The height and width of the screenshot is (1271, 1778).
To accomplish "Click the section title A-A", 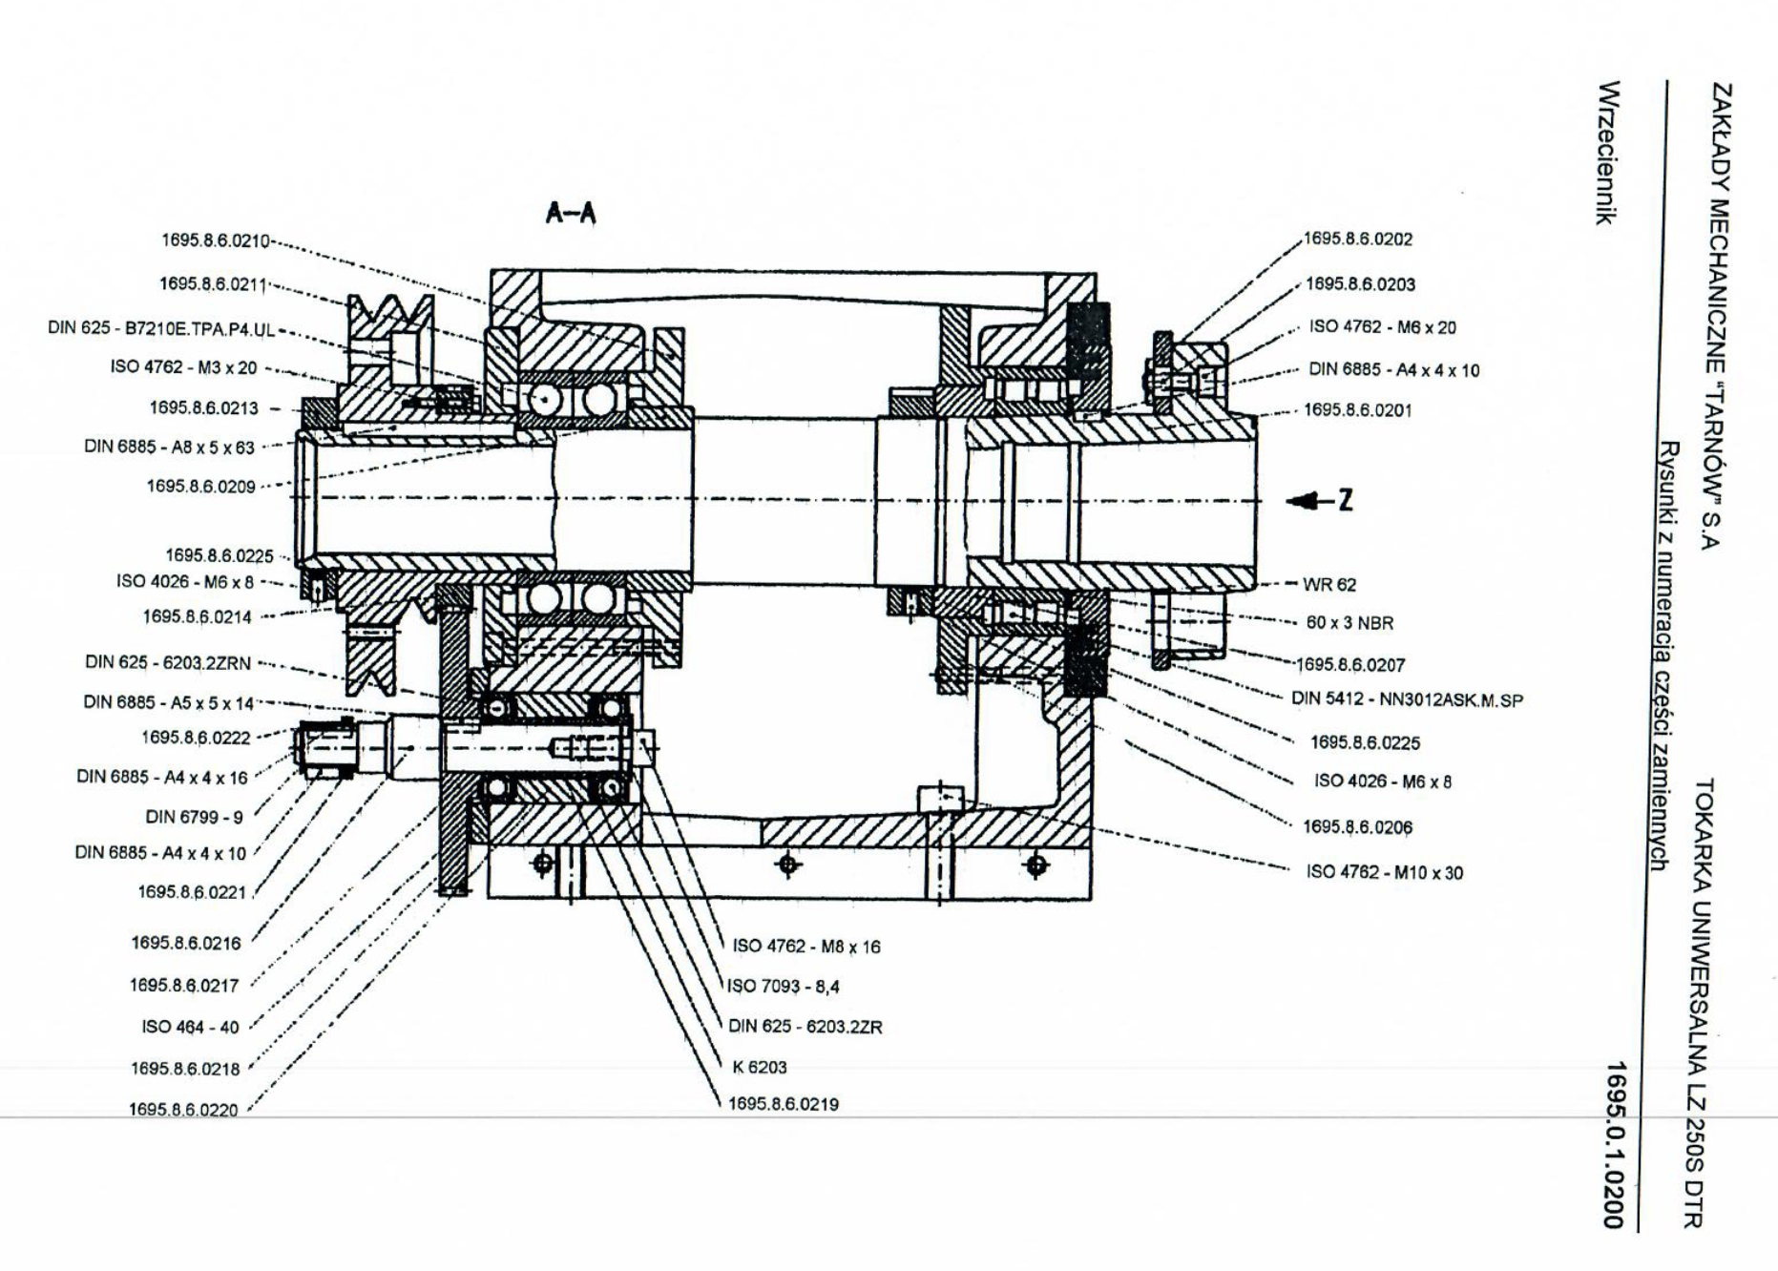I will coord(571,213).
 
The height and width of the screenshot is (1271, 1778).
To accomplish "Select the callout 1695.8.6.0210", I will coord(215,240).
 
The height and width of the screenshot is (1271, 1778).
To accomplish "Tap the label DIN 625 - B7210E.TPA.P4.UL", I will coord(161,329).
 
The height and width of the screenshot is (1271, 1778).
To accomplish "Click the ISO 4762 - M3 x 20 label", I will coord(183,367).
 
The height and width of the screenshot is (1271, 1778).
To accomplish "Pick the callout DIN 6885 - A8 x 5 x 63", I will coord(169,446).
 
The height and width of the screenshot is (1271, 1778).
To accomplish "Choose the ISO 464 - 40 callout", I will coord(190,1027).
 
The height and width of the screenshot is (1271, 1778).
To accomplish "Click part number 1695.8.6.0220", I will coord(183,1110).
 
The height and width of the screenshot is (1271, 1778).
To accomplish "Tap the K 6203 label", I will coord(760,1067).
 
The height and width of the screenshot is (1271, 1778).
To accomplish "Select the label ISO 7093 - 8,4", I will coord(784,986).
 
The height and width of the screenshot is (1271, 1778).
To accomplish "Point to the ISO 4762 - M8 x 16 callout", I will coord(806,947).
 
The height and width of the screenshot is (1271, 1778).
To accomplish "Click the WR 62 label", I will coord(1329,584).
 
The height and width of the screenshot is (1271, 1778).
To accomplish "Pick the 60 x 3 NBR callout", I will coord(1349,623).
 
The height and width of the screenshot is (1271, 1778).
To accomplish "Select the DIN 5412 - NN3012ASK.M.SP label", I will coord(1407,699).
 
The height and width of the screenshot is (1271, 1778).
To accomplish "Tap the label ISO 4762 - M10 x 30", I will coord(1384,872).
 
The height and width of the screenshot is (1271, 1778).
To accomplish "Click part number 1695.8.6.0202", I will coord(1358,240).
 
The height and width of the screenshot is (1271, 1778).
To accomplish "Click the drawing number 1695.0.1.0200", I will coord(1614,1144).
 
